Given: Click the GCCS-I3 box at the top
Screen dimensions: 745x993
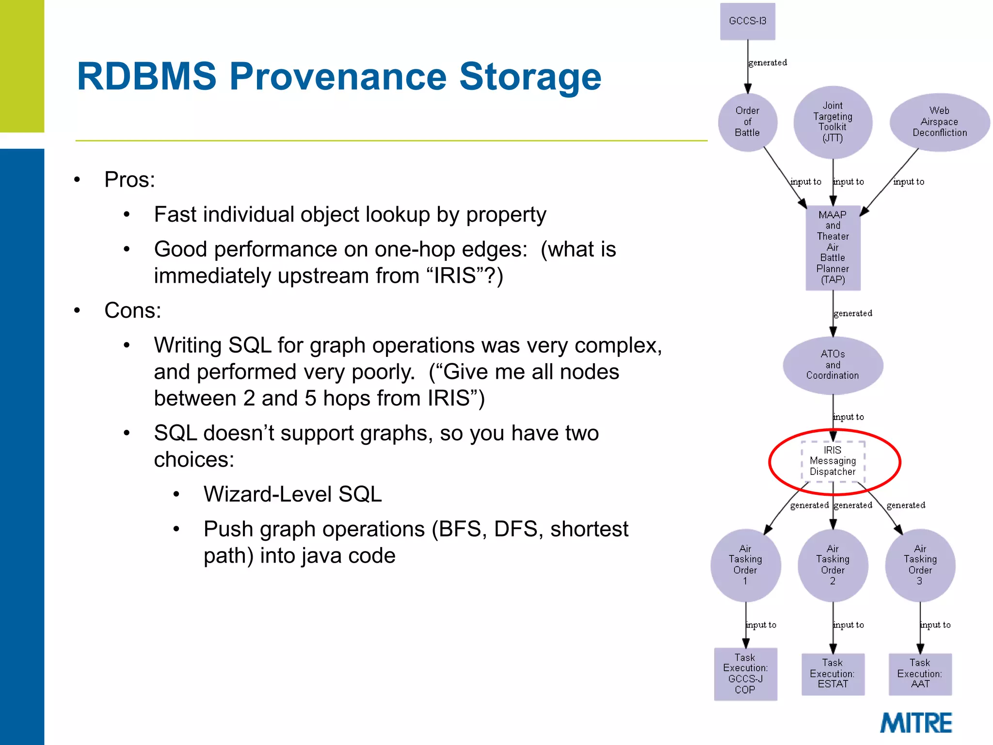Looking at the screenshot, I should [747, 21].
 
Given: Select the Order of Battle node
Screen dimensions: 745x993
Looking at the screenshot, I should [747, 122].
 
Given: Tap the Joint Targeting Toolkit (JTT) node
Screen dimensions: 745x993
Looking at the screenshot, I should [833, 122].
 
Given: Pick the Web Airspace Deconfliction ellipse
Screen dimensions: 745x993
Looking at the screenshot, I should [939, 122].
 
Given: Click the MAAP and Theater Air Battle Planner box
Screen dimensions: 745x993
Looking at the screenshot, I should [833, 247].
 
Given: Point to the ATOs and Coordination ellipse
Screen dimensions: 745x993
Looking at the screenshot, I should [833, 365].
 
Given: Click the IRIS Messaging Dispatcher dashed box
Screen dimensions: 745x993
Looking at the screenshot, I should [833, 461].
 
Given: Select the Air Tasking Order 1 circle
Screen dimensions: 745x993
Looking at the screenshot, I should [745, 565].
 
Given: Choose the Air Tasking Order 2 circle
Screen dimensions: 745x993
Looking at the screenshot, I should [833, 565].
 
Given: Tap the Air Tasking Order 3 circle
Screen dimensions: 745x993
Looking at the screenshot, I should [920, 565].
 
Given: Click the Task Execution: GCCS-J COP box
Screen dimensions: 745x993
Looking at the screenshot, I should [745, 674].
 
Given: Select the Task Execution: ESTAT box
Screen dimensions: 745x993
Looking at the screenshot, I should [833, 674].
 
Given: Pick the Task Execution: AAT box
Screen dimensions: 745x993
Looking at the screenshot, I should [920, 674].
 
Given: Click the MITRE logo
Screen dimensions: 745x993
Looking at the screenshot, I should [916, 723].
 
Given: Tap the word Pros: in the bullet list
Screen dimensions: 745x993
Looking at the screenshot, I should [129, 180].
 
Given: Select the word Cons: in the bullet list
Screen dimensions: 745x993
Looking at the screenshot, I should [132, 310].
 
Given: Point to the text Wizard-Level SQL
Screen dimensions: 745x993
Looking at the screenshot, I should [292, 494].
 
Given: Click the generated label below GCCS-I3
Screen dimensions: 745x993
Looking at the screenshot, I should [768, 63].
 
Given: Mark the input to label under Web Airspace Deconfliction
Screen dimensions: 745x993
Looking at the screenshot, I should [909, 182].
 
